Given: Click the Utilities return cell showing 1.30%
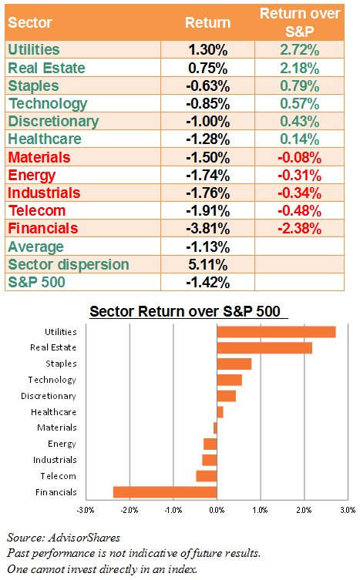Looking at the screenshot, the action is (208, 49).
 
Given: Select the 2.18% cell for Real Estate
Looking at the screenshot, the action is (299, 68).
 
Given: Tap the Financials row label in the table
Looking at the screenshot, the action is (43, 228).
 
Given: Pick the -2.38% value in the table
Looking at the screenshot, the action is (299, 228).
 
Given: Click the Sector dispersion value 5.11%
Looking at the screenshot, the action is (208, 264).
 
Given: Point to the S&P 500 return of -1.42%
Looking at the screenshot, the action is (208, 282).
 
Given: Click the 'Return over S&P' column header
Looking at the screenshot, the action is (300, 22).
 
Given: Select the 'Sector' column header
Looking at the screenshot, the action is (30, 22).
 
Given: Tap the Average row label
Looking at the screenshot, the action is (36, 246).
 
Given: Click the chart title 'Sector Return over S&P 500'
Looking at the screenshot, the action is (185, 311).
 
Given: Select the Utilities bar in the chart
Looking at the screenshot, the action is (276, 332).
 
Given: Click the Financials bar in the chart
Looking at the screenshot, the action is (165, 492).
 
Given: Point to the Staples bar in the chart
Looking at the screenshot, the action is (234, 364).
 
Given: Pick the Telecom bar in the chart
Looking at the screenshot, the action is (207, 476).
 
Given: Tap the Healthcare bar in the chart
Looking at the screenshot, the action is (220, 412).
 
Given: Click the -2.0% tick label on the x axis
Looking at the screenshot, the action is (130, 510).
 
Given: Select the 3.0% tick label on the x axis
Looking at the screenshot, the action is (348, 510).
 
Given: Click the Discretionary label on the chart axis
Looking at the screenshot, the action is (49, 396).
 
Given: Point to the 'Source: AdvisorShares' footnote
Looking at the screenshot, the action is (64, 538).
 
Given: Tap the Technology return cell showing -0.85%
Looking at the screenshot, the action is (208, 103).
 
